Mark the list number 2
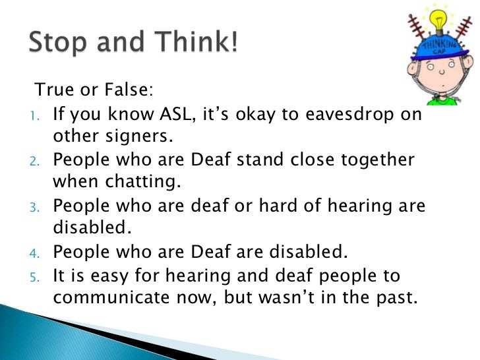point(38,161)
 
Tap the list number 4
point(38,253)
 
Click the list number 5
point(38,275)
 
